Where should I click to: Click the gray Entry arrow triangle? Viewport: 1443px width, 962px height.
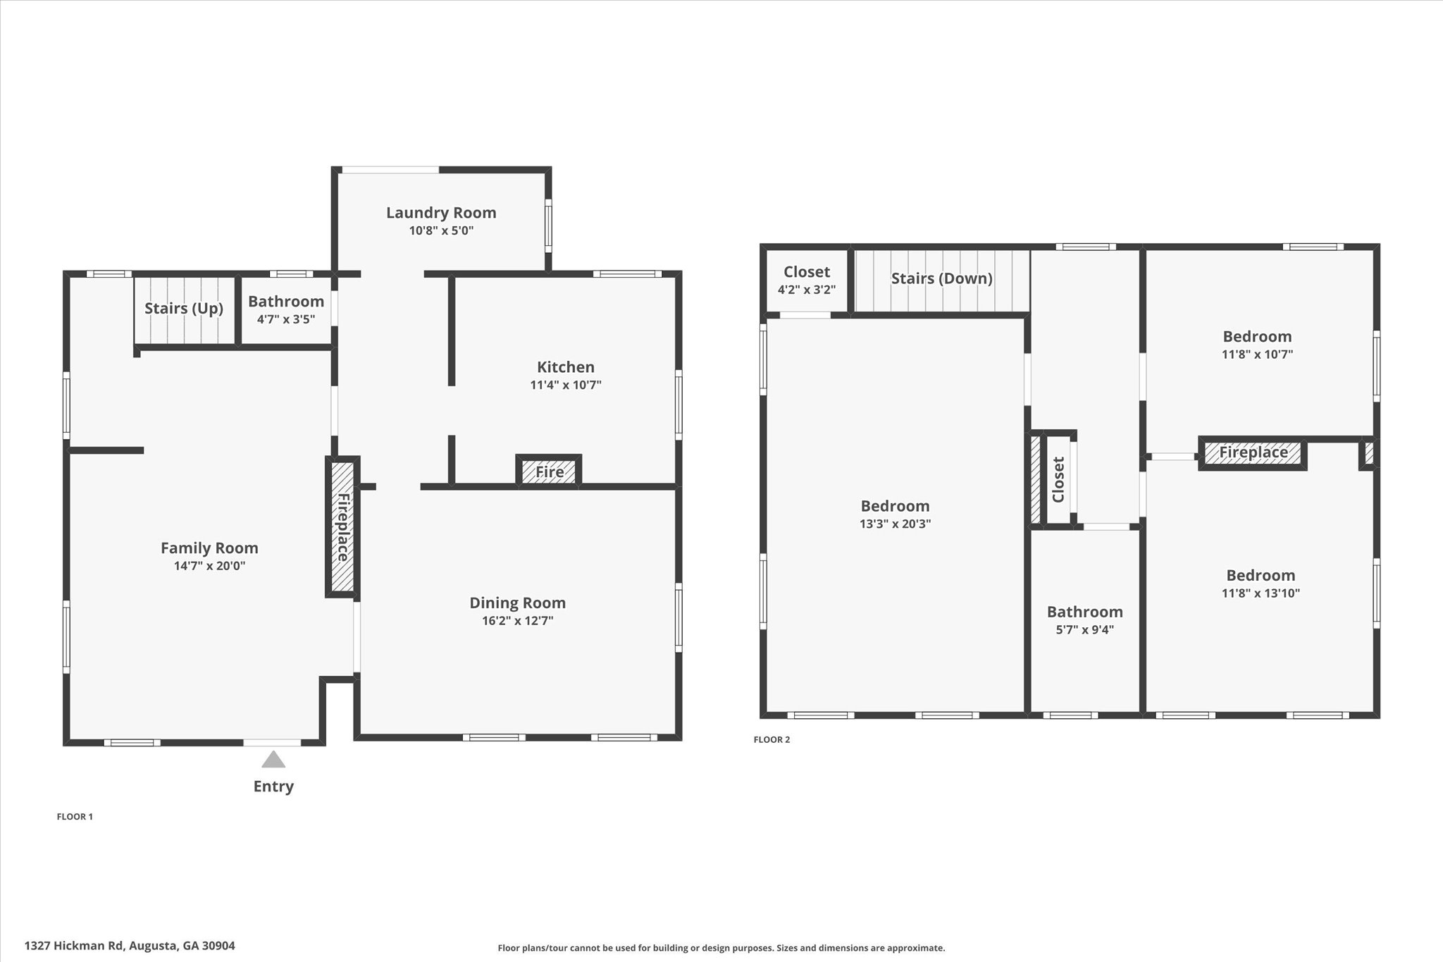tap(273, 760)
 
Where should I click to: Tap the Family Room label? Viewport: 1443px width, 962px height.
tap(209, 548)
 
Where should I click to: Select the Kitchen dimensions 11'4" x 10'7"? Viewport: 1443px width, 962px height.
tap(566, 385)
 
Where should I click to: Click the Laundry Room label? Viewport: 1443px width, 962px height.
tap(441, 212)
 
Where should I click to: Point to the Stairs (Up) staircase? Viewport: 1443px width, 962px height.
tap(184, 309)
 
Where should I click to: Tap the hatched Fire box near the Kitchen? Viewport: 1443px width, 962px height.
tap(549, 471)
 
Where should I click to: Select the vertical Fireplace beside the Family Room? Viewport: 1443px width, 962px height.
tap(342, 527)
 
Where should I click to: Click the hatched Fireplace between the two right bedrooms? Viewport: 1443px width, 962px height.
tap(1253, 452)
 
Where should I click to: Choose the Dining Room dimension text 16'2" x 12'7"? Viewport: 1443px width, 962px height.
tap(517, 621)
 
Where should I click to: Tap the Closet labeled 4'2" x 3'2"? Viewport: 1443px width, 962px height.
tap(807, 280)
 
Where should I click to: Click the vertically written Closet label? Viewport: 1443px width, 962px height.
tap(1058, 480)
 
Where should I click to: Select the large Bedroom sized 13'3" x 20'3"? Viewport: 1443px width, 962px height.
tap(895, 514)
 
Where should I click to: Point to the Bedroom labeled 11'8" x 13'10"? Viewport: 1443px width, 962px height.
tap(1260, 583)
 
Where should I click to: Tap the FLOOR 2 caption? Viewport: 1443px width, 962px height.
tap(772, 739)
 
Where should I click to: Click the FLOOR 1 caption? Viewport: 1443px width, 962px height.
tap(75, 817)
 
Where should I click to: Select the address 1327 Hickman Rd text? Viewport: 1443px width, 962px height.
tap(130, 946)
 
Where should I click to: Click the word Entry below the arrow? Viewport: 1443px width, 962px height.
tap(273, 787)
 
